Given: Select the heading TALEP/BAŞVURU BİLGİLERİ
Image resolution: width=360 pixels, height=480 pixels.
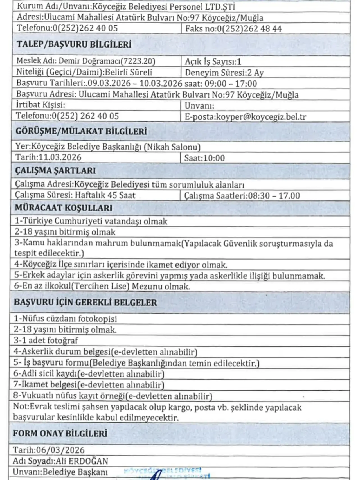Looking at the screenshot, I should tap(74, 44).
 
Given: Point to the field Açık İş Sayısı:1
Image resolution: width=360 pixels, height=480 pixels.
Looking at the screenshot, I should tap(213, 62).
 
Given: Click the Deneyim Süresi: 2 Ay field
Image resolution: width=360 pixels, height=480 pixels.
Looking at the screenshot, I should tap(224, 73).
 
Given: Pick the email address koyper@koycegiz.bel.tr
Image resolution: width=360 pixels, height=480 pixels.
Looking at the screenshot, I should tap(261, 117).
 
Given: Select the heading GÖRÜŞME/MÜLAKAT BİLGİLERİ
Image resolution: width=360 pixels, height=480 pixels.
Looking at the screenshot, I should tap(81, 131).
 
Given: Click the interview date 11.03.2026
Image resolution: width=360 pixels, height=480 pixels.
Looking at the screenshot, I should tap(60, 157).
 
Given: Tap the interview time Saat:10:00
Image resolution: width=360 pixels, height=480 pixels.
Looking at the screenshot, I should tap(204, 158).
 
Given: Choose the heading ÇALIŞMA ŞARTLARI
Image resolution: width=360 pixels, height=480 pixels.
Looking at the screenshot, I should tap(55, 171).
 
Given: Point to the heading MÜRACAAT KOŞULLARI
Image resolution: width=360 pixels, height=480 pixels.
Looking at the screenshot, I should tap(64, 208).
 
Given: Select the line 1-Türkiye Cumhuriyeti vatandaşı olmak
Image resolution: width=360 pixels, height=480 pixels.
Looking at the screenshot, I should tap(91, 221).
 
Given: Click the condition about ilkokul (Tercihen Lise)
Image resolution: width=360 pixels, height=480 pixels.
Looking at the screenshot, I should tap(102, 287).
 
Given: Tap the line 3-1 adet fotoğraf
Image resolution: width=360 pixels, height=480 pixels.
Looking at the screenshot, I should tap(46, 341).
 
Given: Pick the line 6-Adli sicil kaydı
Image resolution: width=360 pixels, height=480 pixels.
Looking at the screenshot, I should tap(89, 374).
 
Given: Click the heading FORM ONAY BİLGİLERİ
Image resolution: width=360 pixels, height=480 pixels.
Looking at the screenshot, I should tap(60, 433).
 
